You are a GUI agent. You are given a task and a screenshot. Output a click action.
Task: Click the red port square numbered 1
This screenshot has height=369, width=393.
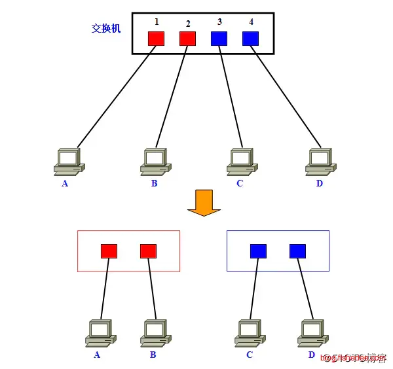pyautogui.click(x=156, y=39)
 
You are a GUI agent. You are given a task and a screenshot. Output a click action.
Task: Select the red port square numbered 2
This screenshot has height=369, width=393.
pyautogui.click(x=187, y=39)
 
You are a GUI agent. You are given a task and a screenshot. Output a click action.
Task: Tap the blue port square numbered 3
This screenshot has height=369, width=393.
pyautogui.click(x=219, y=39)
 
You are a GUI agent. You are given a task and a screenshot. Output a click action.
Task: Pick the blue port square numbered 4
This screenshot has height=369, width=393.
pyautogui.click(x=250, y=39)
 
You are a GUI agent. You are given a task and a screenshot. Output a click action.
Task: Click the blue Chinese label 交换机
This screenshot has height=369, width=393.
pyautogui.click(x=106, y=29)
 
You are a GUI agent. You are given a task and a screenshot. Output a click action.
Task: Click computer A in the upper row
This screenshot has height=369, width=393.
pyautogui.click(x=68, y=161)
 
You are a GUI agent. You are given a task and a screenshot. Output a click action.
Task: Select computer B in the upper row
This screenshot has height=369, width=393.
pyautogui.click(x=156, y=161)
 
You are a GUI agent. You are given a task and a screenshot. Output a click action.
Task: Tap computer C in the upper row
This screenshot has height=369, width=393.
pyautogui.click(x=241, y=161)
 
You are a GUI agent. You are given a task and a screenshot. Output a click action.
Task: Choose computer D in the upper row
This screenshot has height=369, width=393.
pyautogui.click(x=321, y=161)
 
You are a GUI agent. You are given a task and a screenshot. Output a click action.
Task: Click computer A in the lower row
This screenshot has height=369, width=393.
pyautogui.click(x=101, y=332)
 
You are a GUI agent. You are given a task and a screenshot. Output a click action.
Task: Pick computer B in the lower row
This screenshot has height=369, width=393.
pyautogui.click(x=155, y=332)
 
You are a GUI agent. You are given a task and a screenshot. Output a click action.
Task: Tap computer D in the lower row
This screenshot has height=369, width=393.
pyautogui.click(x=312, y=332)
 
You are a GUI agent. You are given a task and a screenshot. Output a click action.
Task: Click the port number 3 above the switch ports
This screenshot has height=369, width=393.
pyautogui.click(x=219, y=22)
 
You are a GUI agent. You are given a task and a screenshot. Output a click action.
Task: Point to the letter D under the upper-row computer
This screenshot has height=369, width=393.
pyautogui.click(x=320, y=183)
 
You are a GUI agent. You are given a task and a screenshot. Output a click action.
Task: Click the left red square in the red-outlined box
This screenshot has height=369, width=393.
pyautogui.click(x=109, y=251)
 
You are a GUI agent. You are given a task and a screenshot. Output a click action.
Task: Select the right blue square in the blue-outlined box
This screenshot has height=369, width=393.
pyautogui.click(x=297, y=251)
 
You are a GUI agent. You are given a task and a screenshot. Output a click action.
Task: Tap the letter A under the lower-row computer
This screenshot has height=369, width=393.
pyautogui.click(x=97, y=355)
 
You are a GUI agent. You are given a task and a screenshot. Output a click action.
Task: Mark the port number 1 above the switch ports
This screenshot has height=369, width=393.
pyautogui.click(x=157, y=22)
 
